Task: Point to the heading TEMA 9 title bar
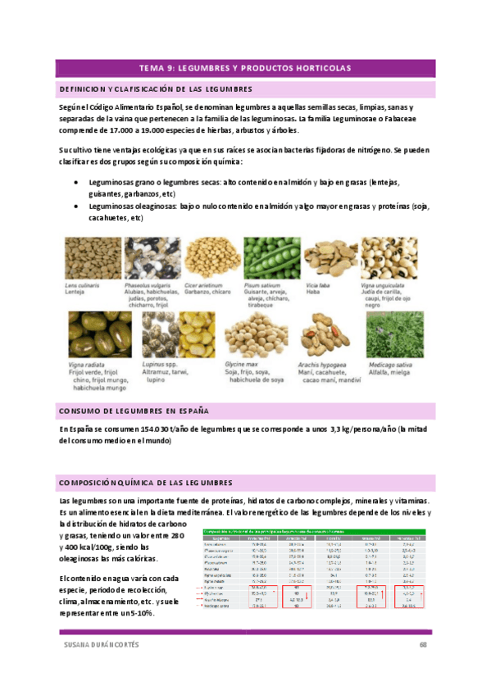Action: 245,68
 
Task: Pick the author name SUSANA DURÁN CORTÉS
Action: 101,646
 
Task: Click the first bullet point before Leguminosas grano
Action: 76,183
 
